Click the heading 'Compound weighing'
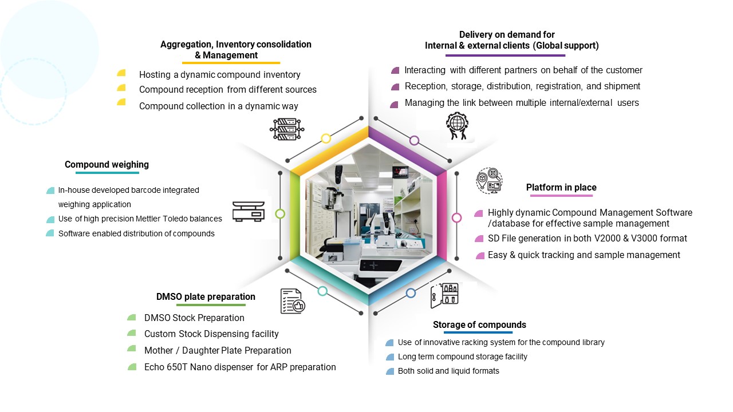107,165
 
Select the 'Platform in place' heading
561,188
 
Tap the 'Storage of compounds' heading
479,325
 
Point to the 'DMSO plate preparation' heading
206,297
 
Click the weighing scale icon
249,211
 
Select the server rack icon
286,129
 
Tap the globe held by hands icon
457,126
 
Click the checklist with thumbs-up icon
292,301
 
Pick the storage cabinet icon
444,295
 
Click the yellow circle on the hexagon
326,138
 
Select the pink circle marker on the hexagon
456,217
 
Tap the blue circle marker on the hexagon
411,293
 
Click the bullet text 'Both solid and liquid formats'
448,371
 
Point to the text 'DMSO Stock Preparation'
194,318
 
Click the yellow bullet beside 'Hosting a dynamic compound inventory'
121,73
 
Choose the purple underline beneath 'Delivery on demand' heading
505,56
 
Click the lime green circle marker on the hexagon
280,213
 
